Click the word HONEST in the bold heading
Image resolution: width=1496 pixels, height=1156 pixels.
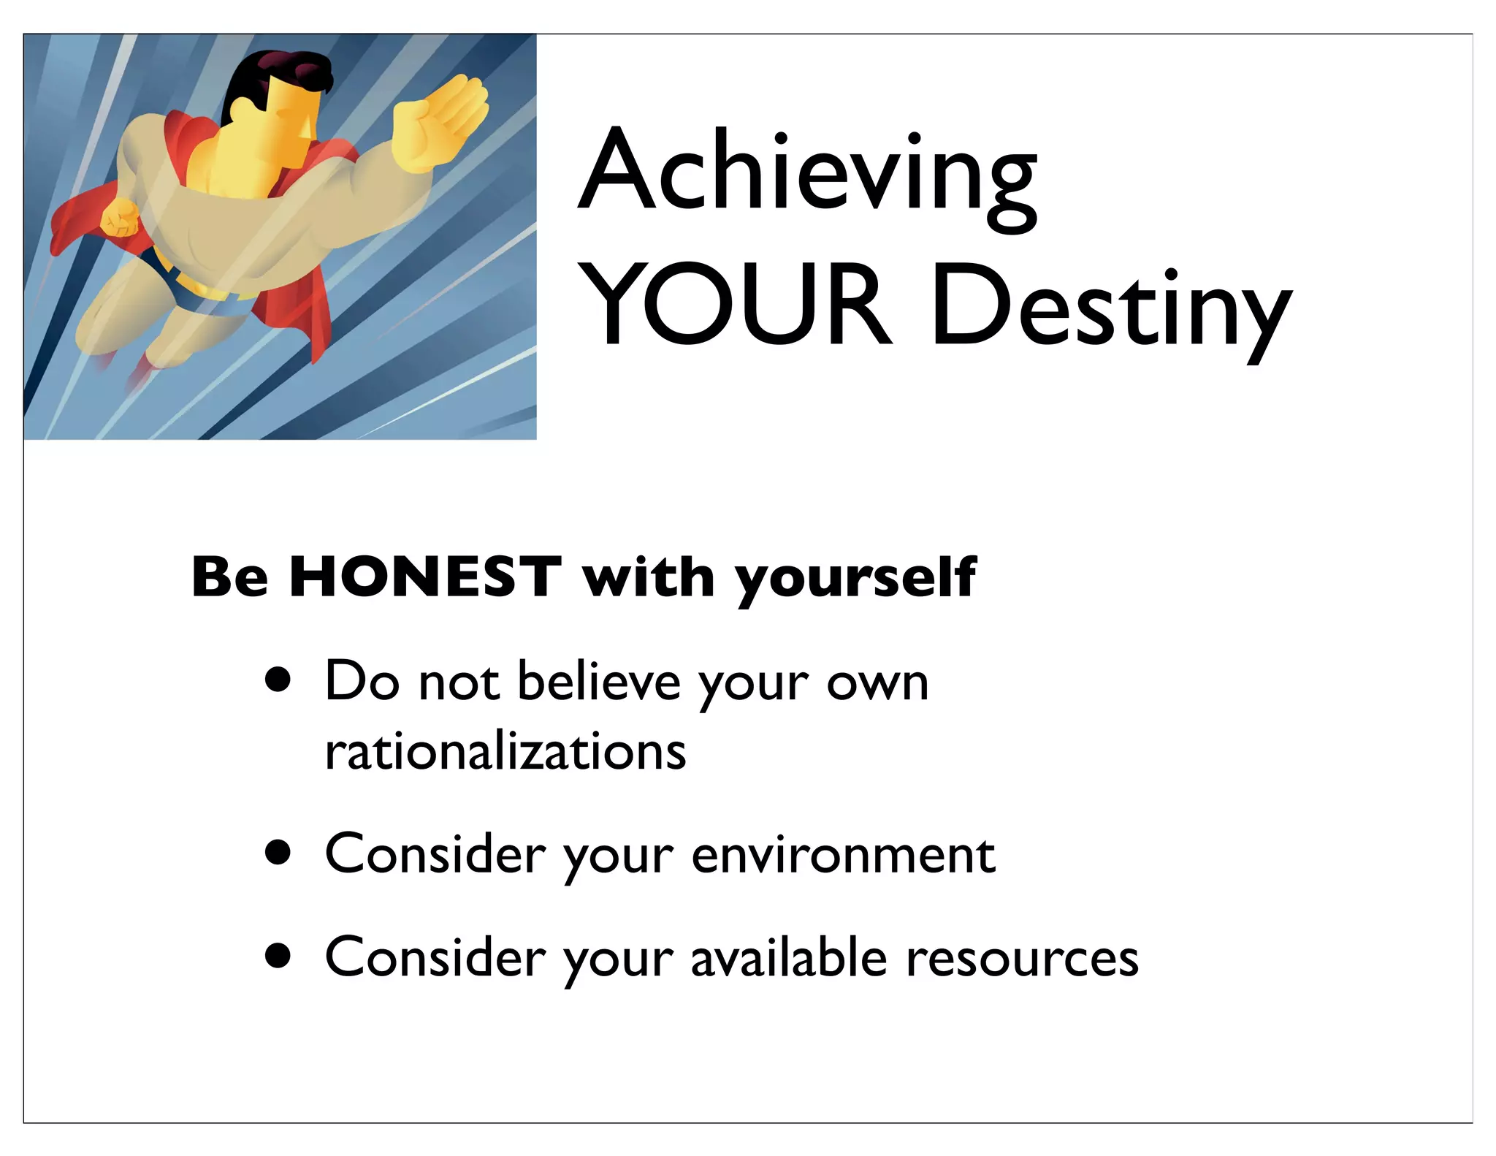click(425, 577)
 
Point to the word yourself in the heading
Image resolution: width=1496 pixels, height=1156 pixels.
click(855, 579)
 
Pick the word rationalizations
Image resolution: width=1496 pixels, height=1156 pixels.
click(505, 751)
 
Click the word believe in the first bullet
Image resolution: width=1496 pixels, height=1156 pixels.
click(598, 682)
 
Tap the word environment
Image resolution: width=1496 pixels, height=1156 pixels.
click(843, 854)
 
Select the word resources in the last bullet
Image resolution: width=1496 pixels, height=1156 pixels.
click(1022, 958)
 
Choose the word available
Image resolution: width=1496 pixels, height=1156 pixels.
click(789, 957)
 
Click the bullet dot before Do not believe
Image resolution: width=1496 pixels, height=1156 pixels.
click(278, 682)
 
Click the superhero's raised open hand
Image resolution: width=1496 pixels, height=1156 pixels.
click(438, 121)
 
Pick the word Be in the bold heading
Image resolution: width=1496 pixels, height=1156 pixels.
click(229, 577)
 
